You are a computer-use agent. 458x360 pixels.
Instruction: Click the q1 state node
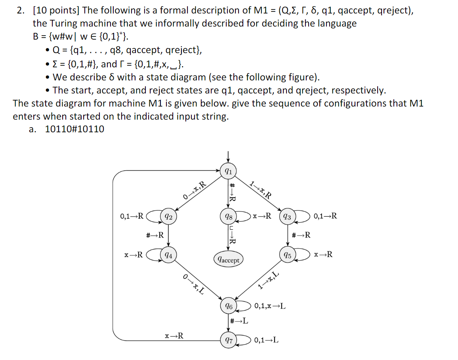(228, 171)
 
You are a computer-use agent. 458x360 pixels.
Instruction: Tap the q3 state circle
(288, 217)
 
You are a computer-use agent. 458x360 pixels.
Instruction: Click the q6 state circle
(228, 306)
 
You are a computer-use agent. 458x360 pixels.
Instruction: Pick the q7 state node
(228, 340)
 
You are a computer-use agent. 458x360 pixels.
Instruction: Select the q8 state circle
(228, 217)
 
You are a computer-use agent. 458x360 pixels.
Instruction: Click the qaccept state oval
(228, 260)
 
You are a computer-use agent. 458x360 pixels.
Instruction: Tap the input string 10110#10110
(75, 129)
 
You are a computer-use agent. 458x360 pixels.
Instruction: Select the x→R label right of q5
(323, 254)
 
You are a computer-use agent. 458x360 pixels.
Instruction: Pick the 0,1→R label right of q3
(325, 216)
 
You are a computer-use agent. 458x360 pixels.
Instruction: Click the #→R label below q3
(301, 235)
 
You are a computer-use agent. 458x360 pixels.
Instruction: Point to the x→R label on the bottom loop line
(174, 336)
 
